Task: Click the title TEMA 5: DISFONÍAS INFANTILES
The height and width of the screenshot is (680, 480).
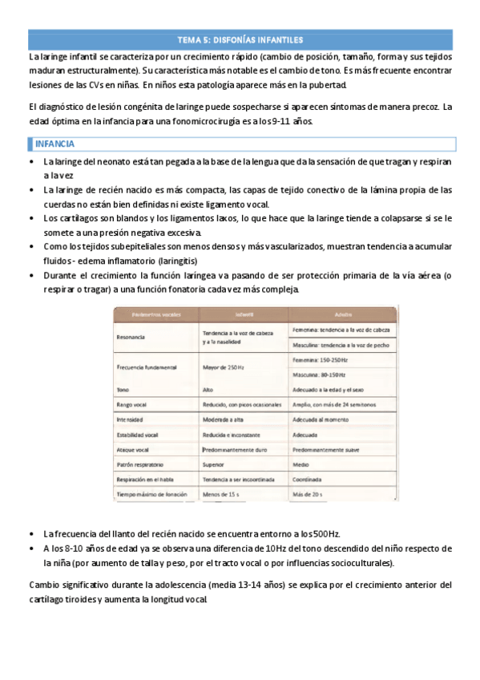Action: [240, 38]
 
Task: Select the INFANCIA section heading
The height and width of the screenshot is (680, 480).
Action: [51, 144]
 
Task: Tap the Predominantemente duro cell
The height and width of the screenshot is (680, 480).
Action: [238, 449]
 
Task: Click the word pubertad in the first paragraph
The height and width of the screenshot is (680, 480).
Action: [329, 83]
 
